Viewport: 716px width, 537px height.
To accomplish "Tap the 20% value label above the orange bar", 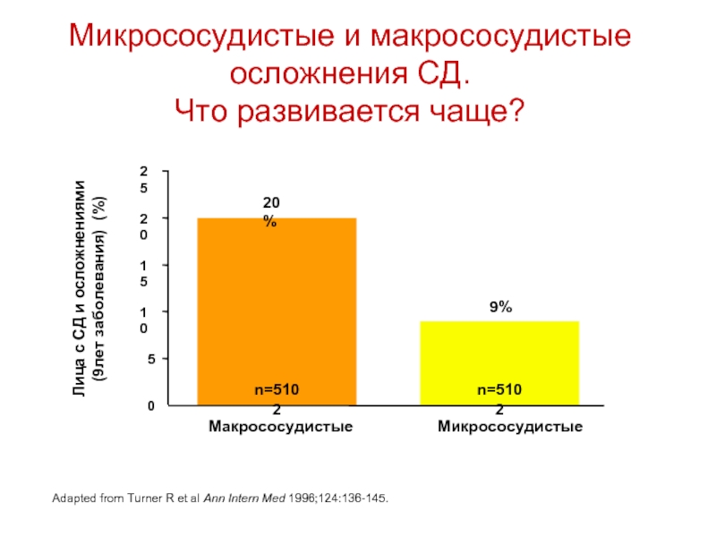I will (270, 211).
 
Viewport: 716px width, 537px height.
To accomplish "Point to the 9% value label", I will (500, 307).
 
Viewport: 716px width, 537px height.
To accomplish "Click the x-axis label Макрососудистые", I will (280, 427).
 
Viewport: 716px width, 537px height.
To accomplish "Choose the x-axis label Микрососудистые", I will (510, 427).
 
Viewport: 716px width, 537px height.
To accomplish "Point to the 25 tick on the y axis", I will (143, 179).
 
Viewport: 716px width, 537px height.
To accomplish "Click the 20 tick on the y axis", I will (143, 226).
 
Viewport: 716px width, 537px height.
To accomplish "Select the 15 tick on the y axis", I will (143, 273).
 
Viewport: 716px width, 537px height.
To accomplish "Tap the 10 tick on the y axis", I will (143, 320).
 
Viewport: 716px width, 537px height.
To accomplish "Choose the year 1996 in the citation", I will (319, 495).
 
